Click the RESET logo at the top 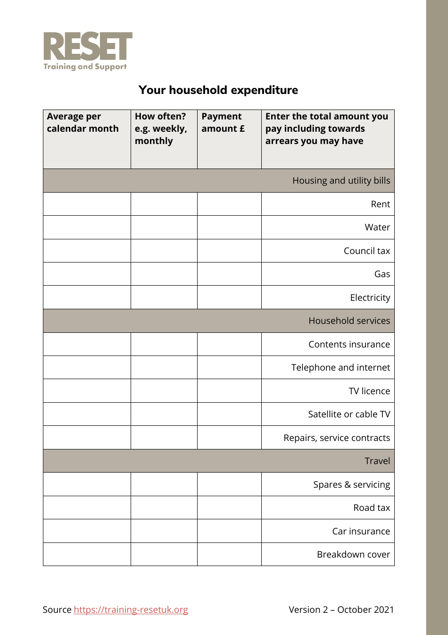(x=87, y=51)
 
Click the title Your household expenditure (x=218, y=90)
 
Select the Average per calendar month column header (x=83, y=123)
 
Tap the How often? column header (x=161, y=128)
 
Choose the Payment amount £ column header (x=223, y=123)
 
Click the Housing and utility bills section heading (x=341, y=180)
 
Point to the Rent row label (x=380, y=204)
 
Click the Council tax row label (x=366, y=251)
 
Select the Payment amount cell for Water (x=229, y=227)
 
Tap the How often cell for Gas (x=164, y=274)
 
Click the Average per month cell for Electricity (x=87, y=297)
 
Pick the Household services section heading (x=349, y=321)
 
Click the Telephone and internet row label (x=340, y=367)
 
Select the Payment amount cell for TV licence (x=229, y=391)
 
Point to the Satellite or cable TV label (x=349, y=414)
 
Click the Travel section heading (x=377, y=461)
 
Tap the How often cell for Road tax (x=164, y=508)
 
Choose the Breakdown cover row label (x=353, y=554)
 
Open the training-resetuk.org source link (x=131, y=610)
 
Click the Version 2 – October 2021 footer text (x=341, y=610)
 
